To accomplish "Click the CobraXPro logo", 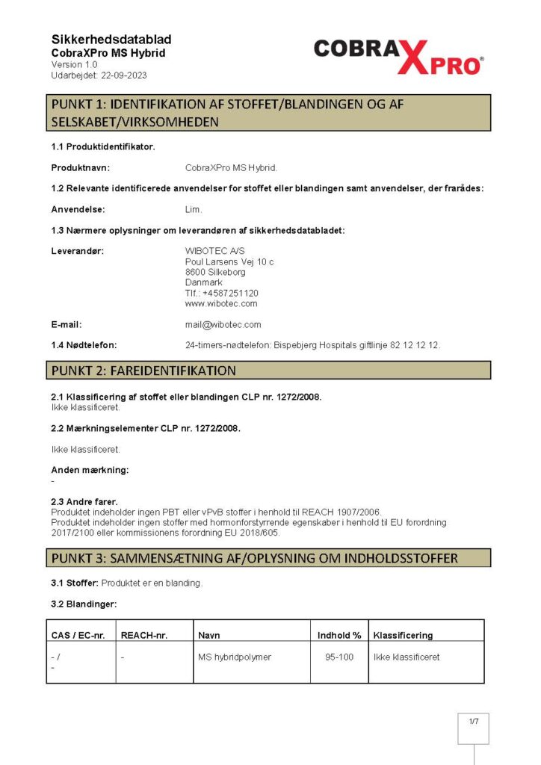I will click(x=398, y=55).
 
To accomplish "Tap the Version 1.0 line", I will click(x=74, y=65).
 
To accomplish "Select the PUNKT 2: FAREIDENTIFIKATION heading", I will click(x=143, y=371).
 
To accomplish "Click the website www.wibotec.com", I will click(x=221, y=303).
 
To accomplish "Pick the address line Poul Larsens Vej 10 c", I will click(x=229, y=261).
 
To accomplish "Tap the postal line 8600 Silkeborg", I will click(x=215, y=272).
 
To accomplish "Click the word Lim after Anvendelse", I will click(x=193, y=209).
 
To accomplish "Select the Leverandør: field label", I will click(x=77, y=251).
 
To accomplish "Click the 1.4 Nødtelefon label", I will click(x=84, y=345).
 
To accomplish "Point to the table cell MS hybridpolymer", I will click(x=235, y=657).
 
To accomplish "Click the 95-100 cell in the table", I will click(x=339, y=657).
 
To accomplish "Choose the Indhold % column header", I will click(x=339, y=635).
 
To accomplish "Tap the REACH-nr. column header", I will click(x=144, y=635).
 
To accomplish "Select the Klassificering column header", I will click(x=403, y=635).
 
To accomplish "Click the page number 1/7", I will click(x=473, y=722).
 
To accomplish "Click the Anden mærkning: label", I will click(x=90, y=470).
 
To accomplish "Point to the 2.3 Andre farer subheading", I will click(x=84, y=501).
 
